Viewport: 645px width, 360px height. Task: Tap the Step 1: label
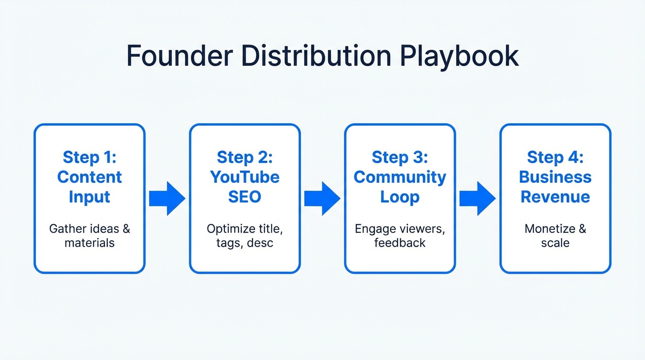coord(90,157)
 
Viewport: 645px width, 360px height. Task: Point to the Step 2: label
coord(245,157)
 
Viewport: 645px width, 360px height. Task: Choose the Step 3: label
coord(400,157)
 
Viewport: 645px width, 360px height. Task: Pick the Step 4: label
coord(555,157)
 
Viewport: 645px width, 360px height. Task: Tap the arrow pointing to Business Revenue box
coord(477,198)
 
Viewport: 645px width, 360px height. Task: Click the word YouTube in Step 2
coord(245,177)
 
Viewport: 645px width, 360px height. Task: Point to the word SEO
coord(245,197)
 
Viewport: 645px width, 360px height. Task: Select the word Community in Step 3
coord(400,177)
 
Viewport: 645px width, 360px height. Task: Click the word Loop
coord(400,197)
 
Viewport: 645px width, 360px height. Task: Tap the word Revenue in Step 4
coord(555,197)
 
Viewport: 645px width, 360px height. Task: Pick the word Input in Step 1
coord(90,197)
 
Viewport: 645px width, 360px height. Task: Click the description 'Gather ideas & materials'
coord(90,236)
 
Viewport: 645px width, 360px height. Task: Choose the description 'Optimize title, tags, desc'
coord(245,236)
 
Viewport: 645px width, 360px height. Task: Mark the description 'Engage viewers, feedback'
coord(400,236)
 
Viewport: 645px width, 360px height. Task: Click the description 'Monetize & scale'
coord(555,236)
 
